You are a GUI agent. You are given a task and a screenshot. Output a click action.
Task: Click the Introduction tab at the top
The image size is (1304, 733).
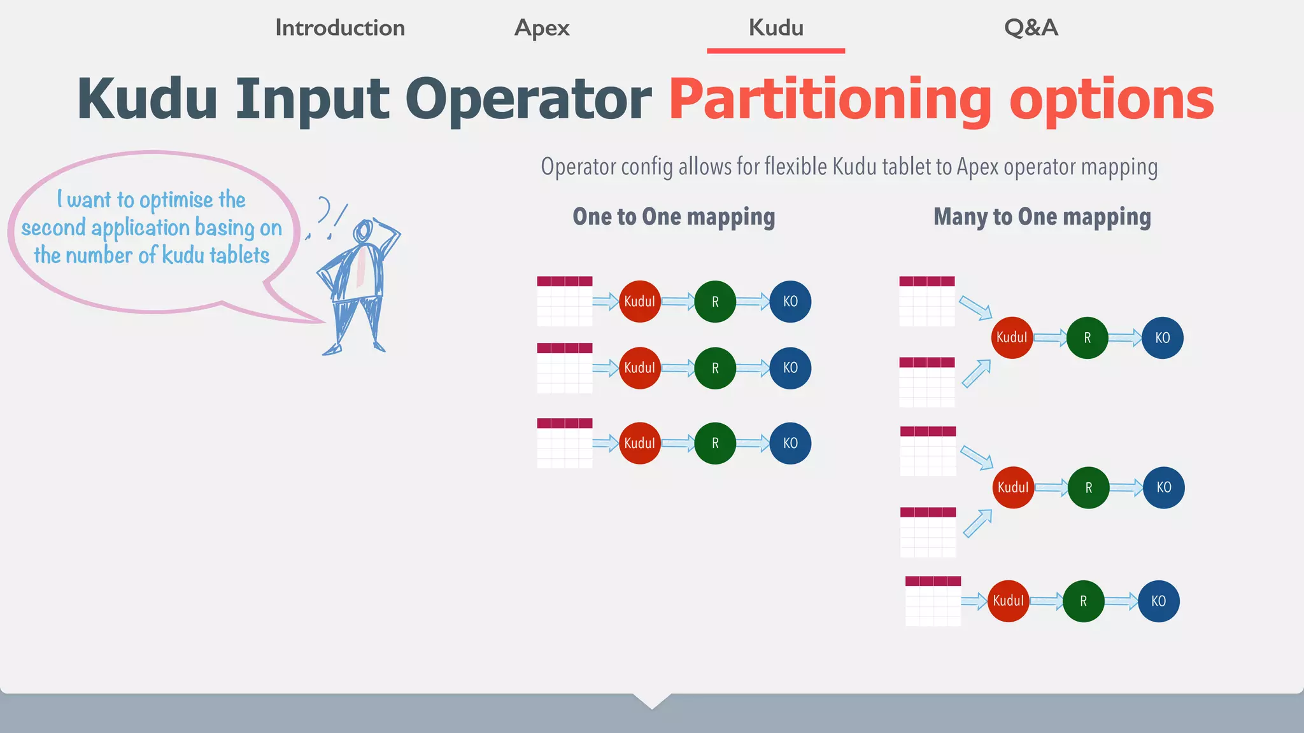click(339, 28)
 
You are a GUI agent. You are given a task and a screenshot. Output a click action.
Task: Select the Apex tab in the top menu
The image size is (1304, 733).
click(542, 28)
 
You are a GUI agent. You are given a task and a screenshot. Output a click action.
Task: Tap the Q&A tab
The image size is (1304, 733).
click(1031, 28)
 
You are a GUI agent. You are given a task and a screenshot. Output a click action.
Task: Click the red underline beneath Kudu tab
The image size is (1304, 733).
click(776, 50)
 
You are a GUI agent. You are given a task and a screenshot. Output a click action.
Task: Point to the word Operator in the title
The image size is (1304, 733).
click(528, 100)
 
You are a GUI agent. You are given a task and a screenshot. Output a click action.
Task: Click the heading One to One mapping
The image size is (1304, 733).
click(674, 217)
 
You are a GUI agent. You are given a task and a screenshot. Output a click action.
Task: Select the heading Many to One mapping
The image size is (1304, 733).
click(1042, 217)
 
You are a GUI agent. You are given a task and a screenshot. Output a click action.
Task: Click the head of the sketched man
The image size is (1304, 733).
click(364, 230)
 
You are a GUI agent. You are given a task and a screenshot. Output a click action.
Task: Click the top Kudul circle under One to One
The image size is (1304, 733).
click(639, 302)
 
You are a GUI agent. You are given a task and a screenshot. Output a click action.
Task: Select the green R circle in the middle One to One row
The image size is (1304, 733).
click(715, 368)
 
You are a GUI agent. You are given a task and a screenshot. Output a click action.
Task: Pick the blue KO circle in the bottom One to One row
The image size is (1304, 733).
click(790, 443)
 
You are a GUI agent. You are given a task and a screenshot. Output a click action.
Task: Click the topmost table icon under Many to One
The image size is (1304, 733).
click(927, 301)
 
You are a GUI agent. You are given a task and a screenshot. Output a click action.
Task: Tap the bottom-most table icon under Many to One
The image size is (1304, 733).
click(933, 601)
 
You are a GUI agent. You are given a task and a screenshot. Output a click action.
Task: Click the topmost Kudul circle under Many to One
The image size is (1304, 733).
click(1012, 338)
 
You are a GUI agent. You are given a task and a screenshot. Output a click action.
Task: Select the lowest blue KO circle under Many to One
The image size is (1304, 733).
click(1158, 601)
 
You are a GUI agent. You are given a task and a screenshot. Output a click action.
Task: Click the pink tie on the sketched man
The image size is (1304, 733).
click(361, 267)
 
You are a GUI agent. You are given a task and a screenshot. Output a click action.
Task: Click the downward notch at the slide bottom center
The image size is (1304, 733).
click(652, 701)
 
